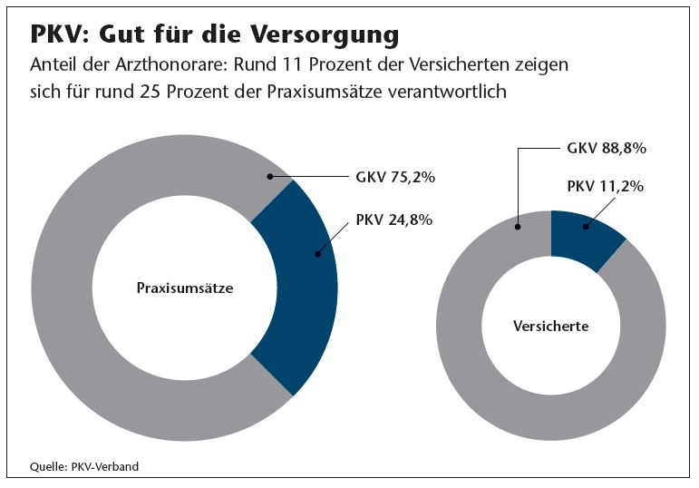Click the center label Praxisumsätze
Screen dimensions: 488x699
[185, 288]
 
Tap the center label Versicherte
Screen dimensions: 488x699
[551, 326]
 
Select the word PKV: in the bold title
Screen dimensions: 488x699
[59, 35]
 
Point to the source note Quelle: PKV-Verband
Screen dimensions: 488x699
[84, 467]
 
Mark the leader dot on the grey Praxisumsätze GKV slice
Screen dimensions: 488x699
[269, 177]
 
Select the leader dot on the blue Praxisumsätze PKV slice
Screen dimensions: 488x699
[316, 254]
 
